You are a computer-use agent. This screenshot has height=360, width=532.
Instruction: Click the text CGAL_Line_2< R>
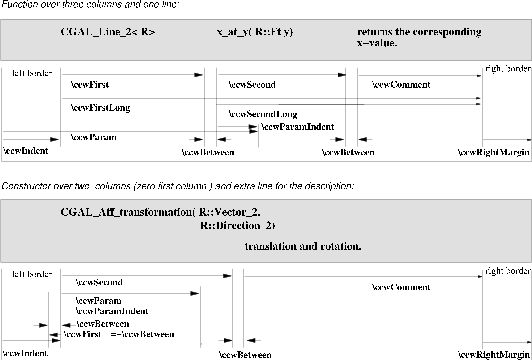(108, 32)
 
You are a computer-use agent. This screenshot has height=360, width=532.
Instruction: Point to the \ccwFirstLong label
(100, 107)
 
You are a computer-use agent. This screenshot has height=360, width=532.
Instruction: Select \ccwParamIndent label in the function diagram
(297, 128)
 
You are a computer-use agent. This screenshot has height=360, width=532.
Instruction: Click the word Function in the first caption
(22, 5)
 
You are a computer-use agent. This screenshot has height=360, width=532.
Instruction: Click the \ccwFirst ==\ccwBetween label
(119, 333)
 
